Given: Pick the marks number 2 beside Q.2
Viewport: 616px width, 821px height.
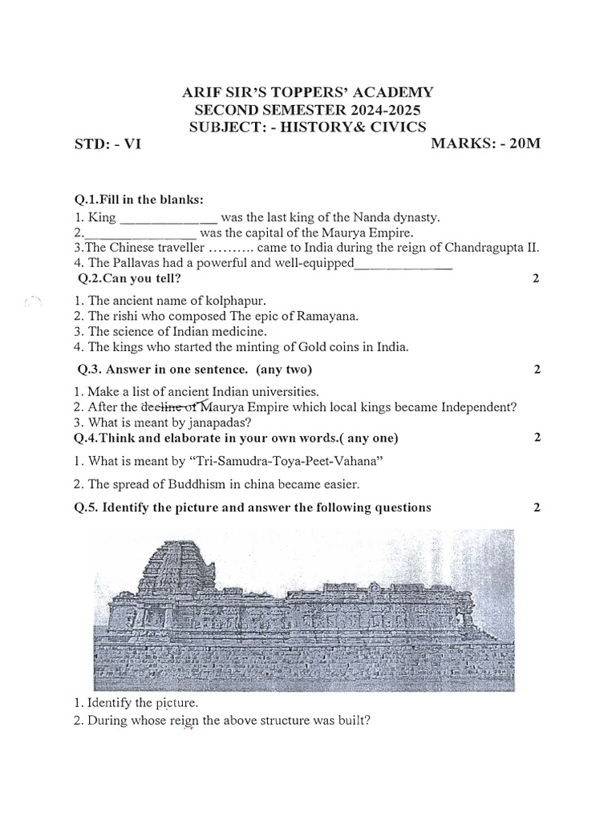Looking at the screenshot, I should [x=536, y=279].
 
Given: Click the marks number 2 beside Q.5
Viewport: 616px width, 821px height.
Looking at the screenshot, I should [x=536, y=508].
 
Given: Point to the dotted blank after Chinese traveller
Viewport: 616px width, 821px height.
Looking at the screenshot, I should [x=223, y=248].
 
